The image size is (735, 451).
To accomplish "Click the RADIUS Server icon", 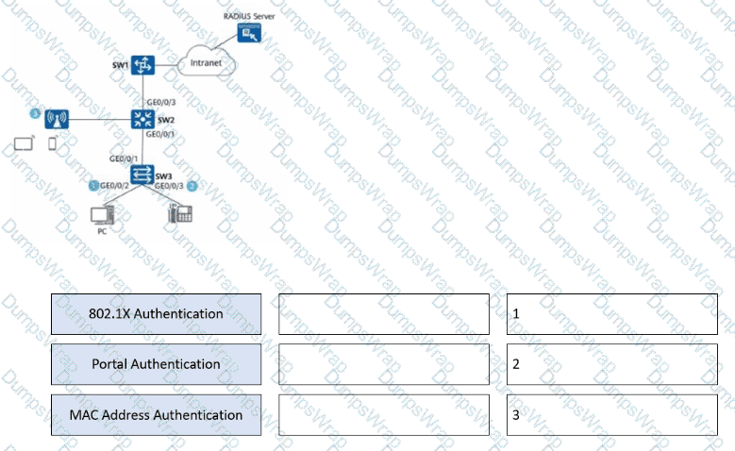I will click(x=251, y=34).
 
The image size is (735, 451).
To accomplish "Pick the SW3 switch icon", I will click(x=142, y=174).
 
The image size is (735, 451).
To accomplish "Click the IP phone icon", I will click(x=176, y=214).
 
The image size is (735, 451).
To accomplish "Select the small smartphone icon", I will click(x=51, y=144).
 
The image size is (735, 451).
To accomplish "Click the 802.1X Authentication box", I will click(x=157, y=313).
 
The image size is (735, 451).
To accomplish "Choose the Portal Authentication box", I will click(x=157, y=364).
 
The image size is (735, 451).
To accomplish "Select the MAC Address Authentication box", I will click(x=157, y=415).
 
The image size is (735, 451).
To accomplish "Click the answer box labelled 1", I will click(x=611, y=313).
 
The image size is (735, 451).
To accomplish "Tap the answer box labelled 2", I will click(x=611, y=364).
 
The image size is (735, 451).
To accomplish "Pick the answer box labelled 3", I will click(x=611, y=415).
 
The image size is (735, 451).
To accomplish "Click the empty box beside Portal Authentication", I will click(x=384, y=364).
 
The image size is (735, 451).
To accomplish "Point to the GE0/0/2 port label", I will click(x=114, y=187).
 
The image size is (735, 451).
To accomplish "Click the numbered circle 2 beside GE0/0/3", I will click(x=192, y=186).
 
